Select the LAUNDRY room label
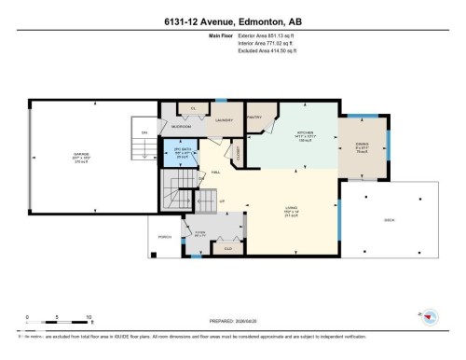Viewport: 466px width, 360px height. pyautogui.click(x=224, y=120)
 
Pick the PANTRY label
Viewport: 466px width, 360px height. pyautogui.click(x=254, y=118)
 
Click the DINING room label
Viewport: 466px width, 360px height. pyautogui.click(x=363, y=143)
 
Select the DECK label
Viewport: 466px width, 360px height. pyautogui.click(x=390, y=221)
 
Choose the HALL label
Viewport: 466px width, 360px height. pyautogui.click(x=215, y=173)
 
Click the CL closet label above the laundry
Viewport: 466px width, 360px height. pyautogui.click(x=193, y=109)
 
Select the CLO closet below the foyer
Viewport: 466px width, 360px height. pyautogui.click(x=227, y=248)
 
